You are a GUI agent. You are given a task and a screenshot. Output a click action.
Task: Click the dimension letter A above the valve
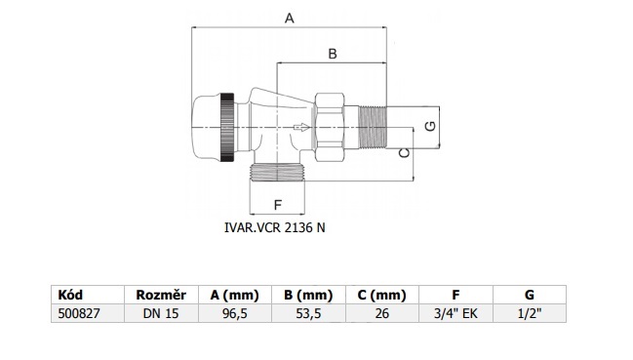click(x=290, y=19)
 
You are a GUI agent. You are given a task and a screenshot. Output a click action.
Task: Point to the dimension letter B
click(x=333, y=54)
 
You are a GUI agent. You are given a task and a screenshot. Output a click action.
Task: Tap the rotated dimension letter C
click(x=404, y=152)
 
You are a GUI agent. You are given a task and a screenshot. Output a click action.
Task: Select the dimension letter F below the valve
click(x=277, y=205)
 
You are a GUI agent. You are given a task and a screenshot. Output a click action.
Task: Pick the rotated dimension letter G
click(x=431, y=126)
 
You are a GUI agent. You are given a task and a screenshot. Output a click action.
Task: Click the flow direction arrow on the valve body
click(x=301, y=128)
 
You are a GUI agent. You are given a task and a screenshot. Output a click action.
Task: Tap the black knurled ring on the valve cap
click(x=227, y=128)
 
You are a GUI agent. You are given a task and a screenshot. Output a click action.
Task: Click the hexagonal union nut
click(x=330, y=127)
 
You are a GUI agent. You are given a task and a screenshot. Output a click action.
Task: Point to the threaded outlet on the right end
click(x=373, y=128)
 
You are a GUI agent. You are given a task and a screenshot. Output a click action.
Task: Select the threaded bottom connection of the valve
click(x=277, y=173)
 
